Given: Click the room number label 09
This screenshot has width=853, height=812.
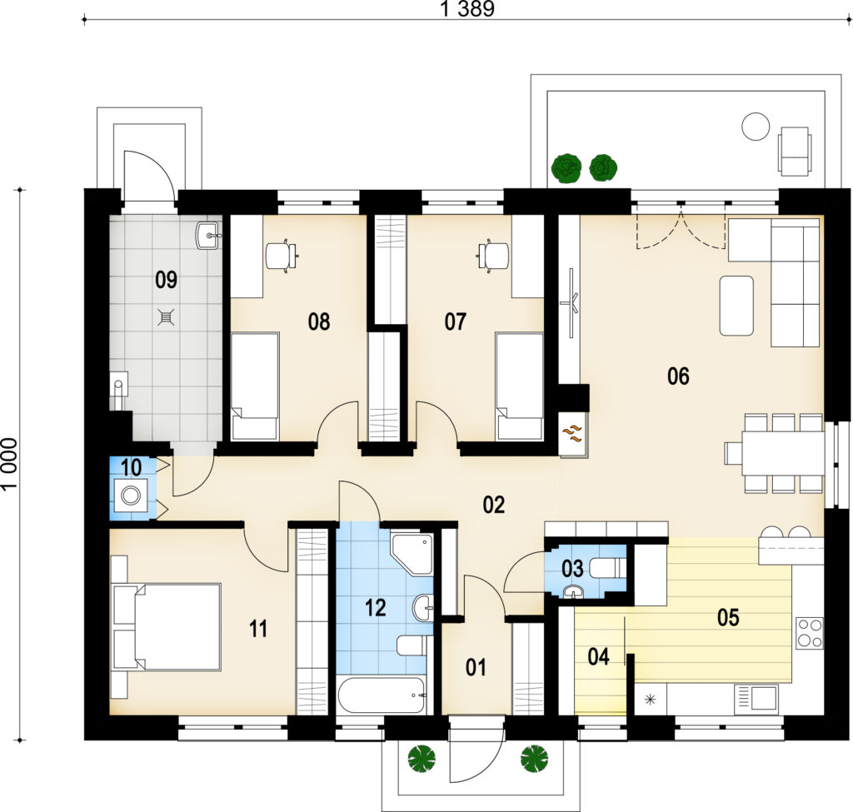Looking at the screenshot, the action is [166, 280].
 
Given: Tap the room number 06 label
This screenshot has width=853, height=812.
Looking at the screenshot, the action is [678, 376].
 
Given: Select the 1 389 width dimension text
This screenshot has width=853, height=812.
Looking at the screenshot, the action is [467, 9].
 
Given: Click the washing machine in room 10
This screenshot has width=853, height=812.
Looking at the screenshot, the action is [130, 496].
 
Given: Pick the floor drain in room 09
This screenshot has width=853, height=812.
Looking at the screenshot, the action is [166, 317].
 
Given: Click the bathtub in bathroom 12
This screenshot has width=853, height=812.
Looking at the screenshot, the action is [382, 695].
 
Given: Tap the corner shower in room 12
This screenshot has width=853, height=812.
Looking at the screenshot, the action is [412, 553].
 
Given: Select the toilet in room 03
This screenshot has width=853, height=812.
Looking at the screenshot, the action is [608, 569].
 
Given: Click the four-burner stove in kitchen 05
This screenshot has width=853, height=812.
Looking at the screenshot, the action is [810, 633].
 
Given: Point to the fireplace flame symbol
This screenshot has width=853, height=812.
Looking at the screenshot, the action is [571, 433].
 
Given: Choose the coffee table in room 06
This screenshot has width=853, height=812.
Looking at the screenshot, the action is [736, 306].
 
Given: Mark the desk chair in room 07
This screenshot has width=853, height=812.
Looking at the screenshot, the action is [493, 255].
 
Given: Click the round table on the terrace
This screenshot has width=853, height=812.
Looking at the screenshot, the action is [756, 127].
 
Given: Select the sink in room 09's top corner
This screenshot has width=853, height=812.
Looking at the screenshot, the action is [207, 236].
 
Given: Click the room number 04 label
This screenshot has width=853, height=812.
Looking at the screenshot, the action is [598, 657].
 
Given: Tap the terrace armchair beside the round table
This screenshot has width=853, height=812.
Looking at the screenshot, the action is [794, 152].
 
